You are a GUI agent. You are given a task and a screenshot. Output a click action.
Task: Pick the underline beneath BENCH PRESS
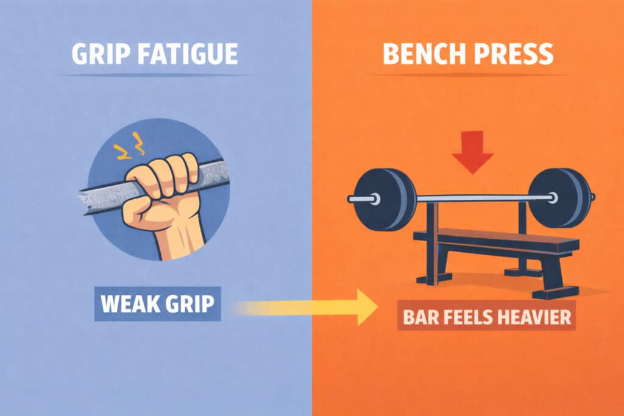[x=467, y=76]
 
